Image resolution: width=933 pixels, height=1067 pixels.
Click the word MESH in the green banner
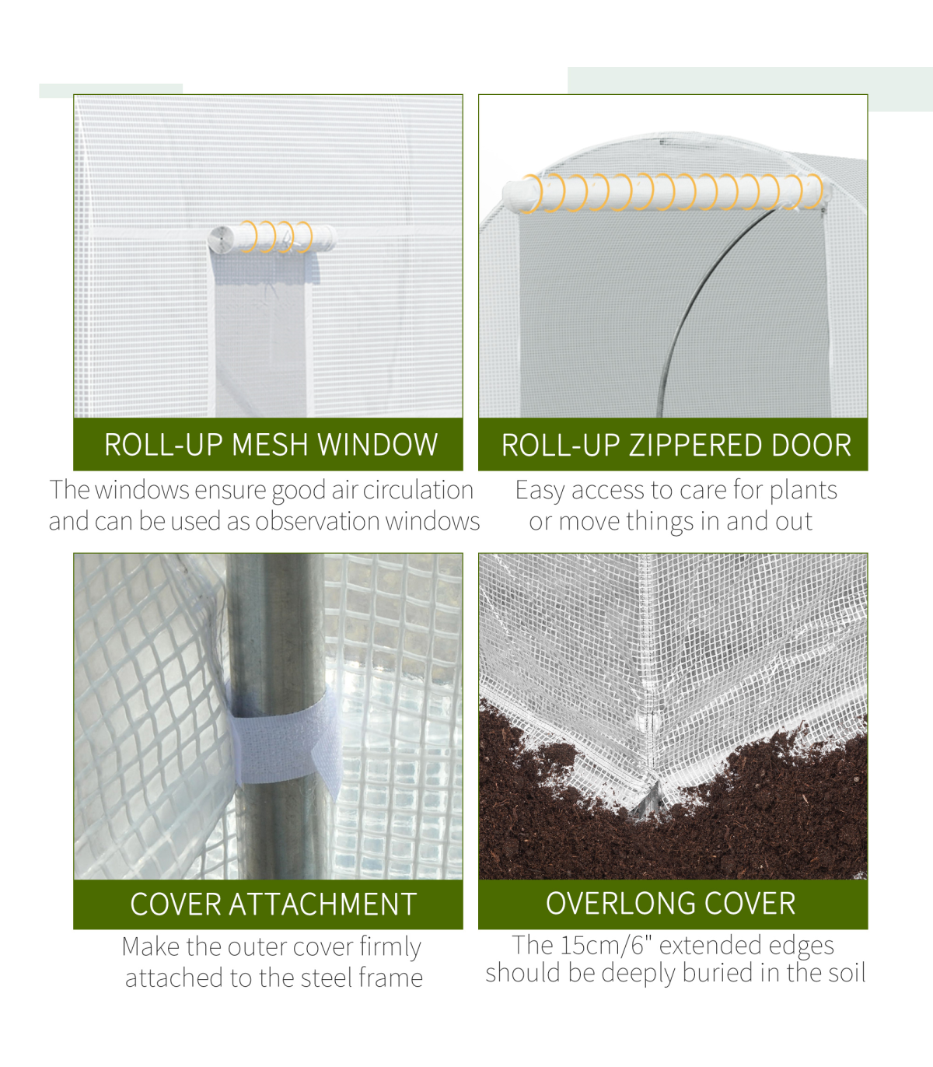pos(270,445)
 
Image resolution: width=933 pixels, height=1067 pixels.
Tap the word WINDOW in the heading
pos(377,445)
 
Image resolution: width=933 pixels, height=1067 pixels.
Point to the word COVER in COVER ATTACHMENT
pos(175,904)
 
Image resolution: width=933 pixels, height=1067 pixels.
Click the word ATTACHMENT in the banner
pos(323,904)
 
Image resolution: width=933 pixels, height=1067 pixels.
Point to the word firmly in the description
pos(390,947)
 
